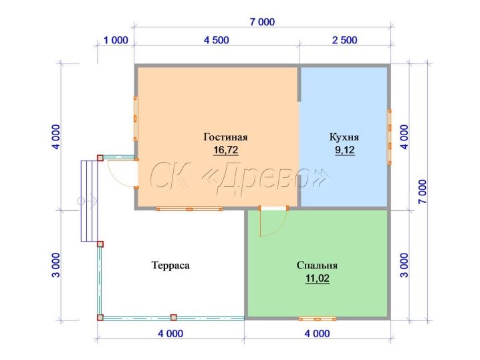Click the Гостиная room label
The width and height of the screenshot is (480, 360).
tap(225, 137)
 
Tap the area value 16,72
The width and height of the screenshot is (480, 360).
tap(225, 150)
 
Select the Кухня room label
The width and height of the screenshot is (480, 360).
tap(344, 137)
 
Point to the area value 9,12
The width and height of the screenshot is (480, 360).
tap(345, 150)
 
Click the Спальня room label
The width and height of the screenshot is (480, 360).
tap(317, 266)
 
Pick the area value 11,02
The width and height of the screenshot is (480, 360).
tap(317, 278)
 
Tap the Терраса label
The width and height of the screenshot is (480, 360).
tap(170, 266)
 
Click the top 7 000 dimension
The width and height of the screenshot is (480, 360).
tap(262, 22)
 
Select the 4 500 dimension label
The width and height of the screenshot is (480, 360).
tap(217, 40)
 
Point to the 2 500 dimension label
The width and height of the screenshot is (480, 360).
tap(345, 40)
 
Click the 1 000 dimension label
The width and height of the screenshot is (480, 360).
tap(116, 40)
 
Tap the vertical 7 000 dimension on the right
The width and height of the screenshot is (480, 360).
tap(422, 191)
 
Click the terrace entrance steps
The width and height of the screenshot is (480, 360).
tap(89, 201)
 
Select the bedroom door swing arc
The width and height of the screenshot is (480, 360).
tap(279, 228)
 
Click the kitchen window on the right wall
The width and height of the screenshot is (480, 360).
tap(389, 137)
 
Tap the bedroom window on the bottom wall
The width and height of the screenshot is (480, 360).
tap(318, 319)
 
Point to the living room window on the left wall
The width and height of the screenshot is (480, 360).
tap(136, 118)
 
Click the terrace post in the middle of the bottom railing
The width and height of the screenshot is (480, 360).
tap(174, 317)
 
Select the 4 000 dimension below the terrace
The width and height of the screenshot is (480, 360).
tap(170, 334)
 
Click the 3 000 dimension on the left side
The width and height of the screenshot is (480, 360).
tap(56, 265)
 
